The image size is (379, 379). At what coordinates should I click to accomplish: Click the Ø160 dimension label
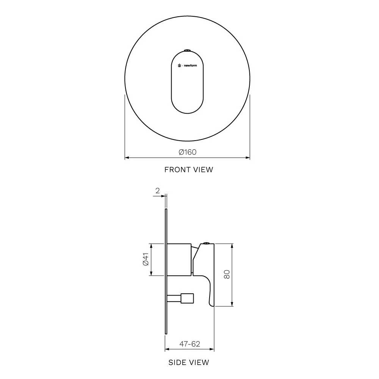coord(187,152)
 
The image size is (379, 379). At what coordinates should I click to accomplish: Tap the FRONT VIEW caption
coord(188,169)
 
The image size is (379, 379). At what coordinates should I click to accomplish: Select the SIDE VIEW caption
coord(188,362)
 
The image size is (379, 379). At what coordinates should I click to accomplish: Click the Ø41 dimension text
coord(146,259)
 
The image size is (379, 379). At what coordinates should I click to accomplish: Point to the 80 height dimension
coord(227,274)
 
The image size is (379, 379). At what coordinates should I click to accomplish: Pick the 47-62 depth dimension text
coord(189,344)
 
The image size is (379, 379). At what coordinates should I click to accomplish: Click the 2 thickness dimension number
coord(157,191)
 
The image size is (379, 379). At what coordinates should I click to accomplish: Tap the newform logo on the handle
coord(187,65)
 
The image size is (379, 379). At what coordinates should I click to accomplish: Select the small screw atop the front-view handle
coord(187,50)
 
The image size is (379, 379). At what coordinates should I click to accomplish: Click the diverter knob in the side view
coord(187,299)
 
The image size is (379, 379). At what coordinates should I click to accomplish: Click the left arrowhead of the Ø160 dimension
coord(127,157)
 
